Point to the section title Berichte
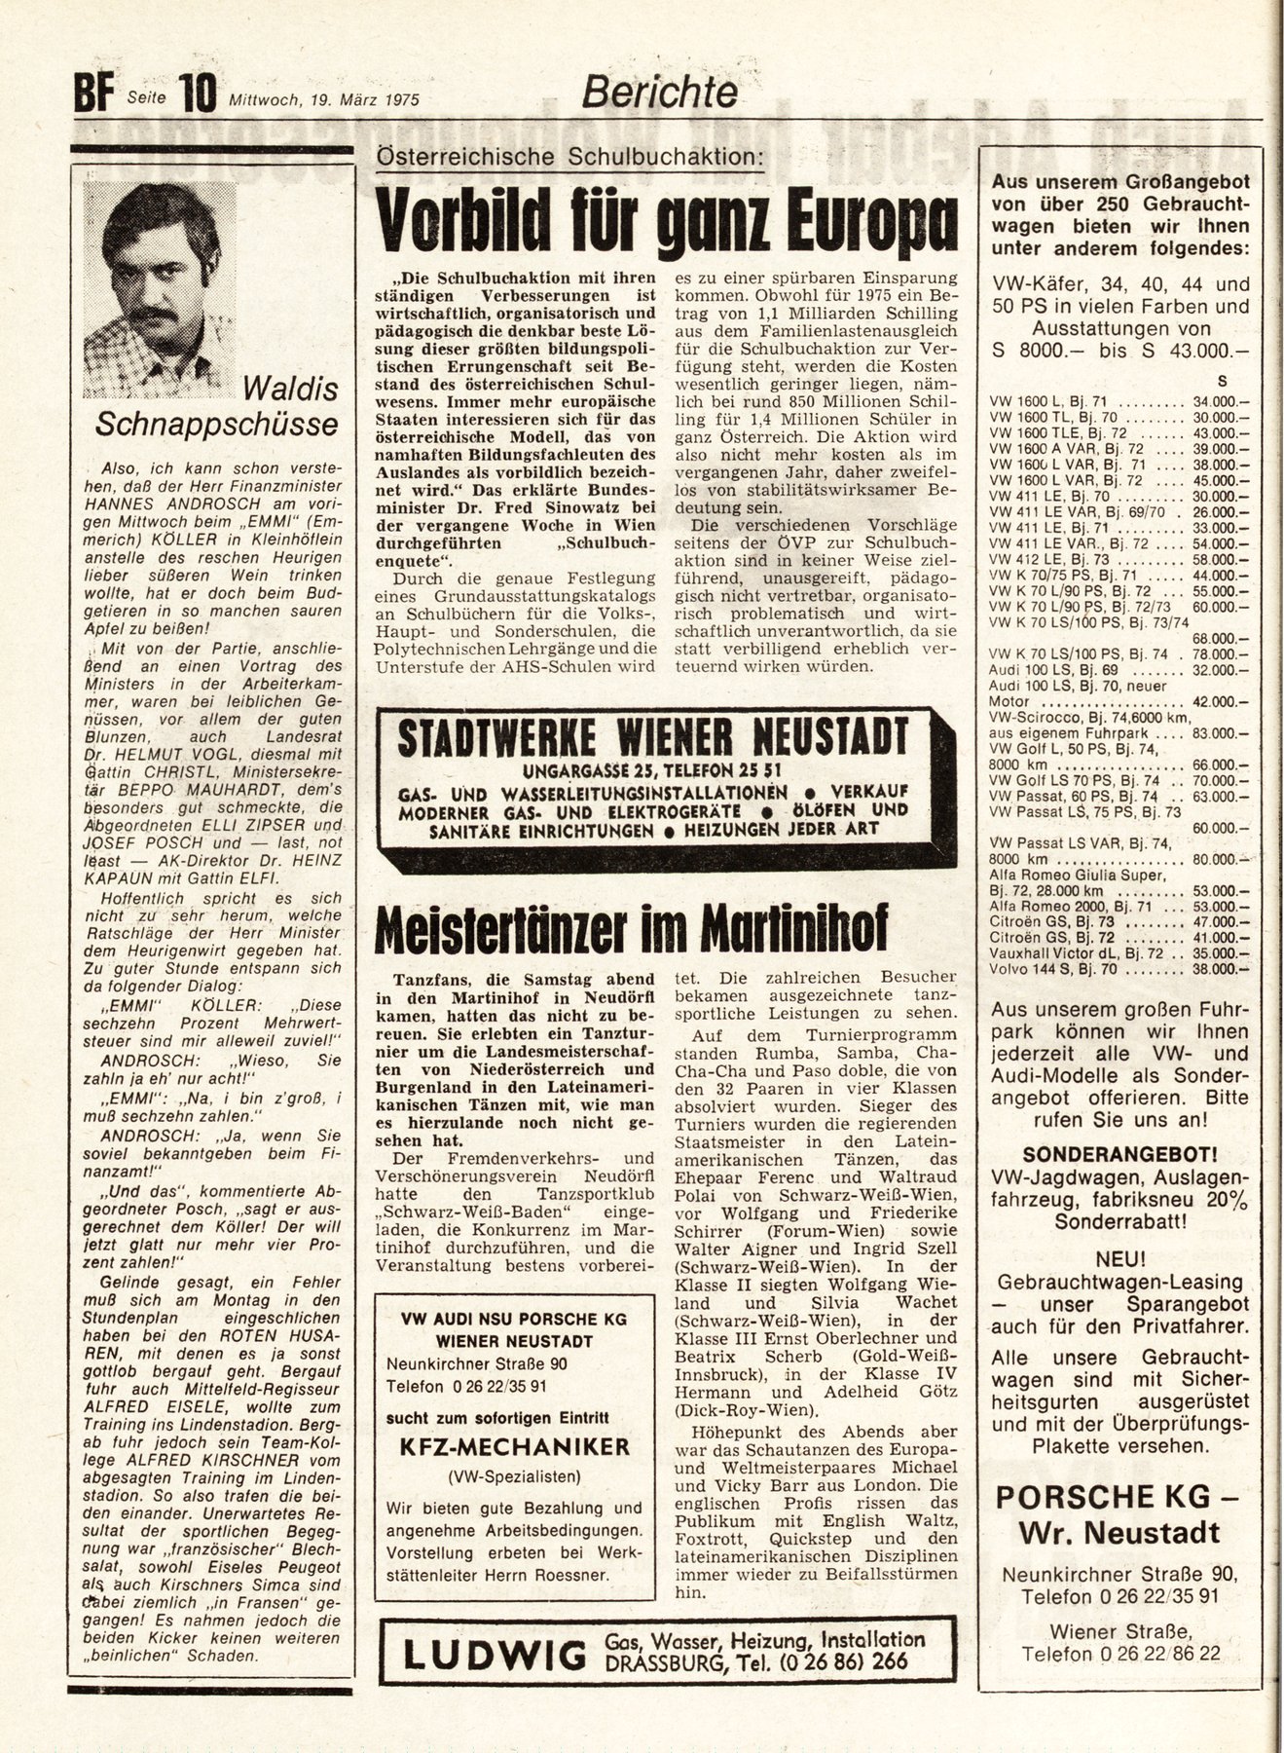659,93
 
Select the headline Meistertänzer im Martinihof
631,929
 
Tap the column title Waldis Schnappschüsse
218,406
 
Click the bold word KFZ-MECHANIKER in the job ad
515,1446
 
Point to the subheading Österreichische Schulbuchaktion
569,156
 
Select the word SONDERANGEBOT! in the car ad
1119,1155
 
